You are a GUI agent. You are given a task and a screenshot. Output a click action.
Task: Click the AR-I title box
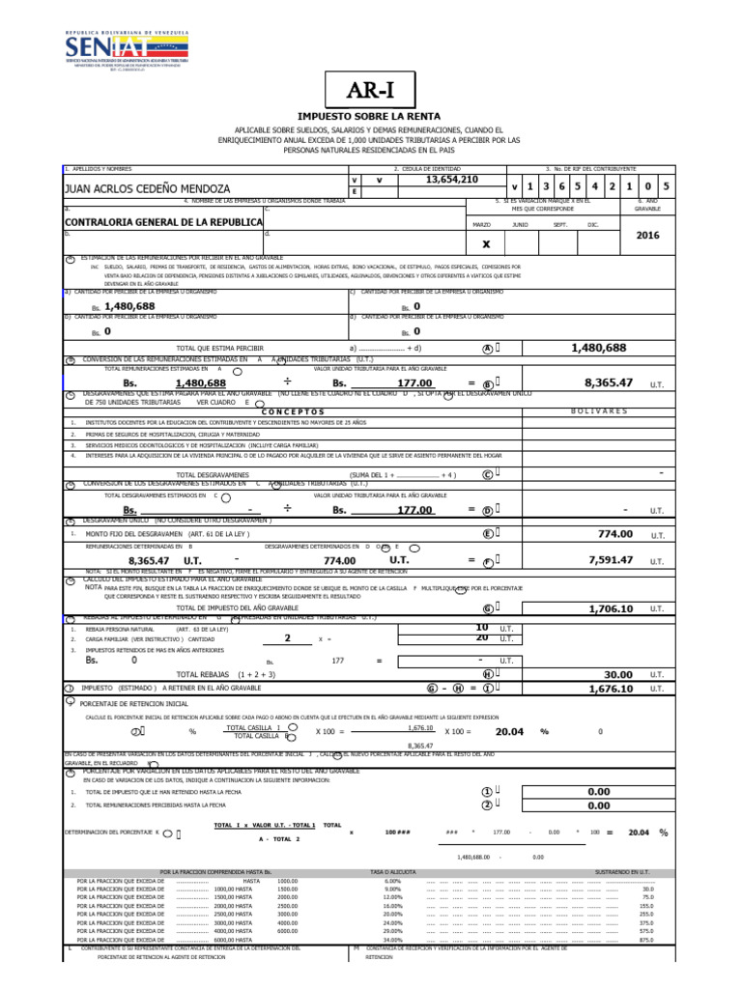coord(370,92)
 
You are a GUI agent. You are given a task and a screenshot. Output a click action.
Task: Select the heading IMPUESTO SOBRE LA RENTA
coord(370,117)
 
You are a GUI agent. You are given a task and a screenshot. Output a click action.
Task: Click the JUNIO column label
coord(520,224)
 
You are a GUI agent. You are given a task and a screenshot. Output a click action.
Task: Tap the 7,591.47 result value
coord(609,559)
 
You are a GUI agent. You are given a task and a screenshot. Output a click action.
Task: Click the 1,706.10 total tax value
coord(611,608)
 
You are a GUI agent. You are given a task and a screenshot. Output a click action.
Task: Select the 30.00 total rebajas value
coord(617,674)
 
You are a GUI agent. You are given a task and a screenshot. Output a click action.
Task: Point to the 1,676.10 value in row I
coord(611,689)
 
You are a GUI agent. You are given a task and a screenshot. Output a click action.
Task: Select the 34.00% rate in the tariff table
coord(392,940)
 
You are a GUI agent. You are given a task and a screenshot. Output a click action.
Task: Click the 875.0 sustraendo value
coord(646,940)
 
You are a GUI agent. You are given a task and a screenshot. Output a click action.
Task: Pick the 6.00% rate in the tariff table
coord(392,881)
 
